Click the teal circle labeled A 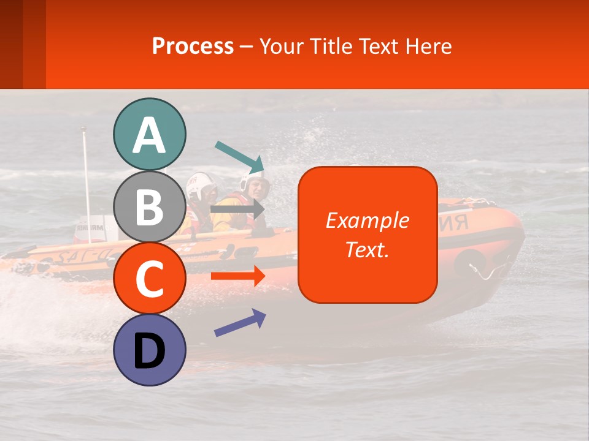[x=149, y=134]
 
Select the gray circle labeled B [x=149, y=206]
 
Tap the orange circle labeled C [x=149, y=278]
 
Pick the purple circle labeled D [x=149, y=350]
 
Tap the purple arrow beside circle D [x=240, y=323]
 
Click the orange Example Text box [x=368, y=269]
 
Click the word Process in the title [x=193, y=46]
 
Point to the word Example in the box [x=368, y=221]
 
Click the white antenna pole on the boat [x=86, y=178]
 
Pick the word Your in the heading [x=280, y=46]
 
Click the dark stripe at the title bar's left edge [x=11, y=44]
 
